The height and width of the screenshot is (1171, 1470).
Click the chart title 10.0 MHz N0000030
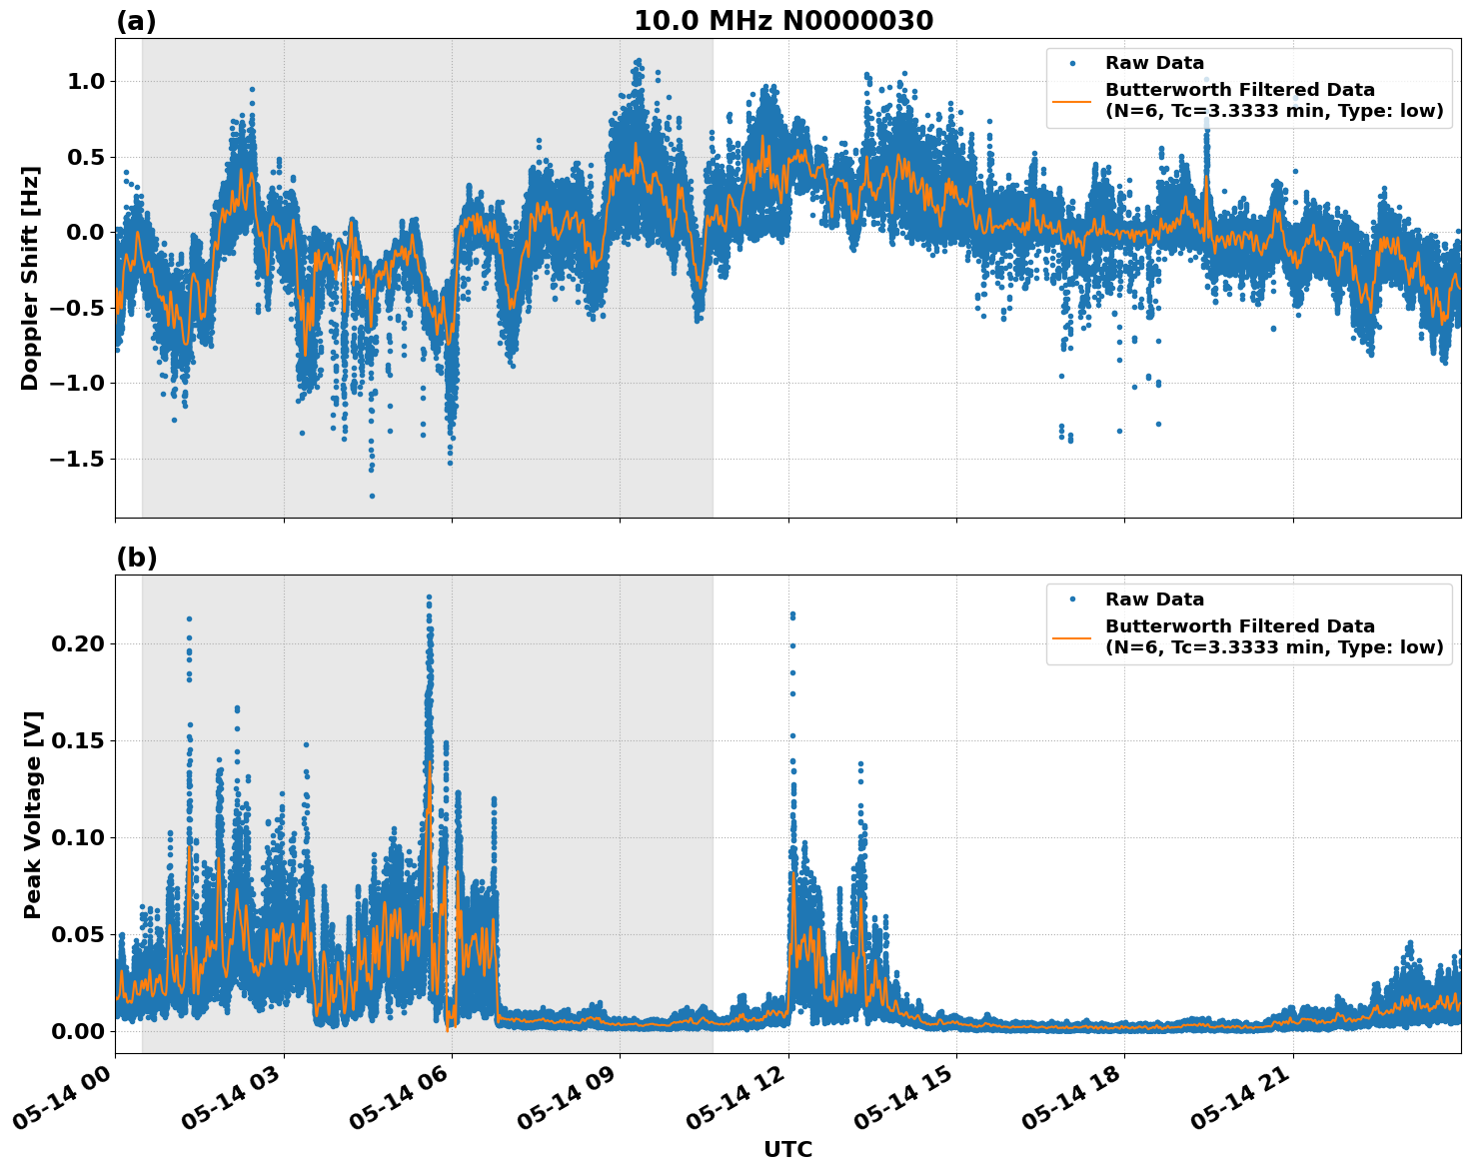tap(783, 21)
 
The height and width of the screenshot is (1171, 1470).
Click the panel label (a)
tap(136, 21)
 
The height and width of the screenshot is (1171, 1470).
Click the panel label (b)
tap(136, 558)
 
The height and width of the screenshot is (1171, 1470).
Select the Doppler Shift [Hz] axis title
tap(30, 278)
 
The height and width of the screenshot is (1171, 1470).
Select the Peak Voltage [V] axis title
tap(33, 814)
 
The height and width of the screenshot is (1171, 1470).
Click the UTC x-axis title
tap(787, 1149)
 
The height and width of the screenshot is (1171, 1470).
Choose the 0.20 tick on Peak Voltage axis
tap(77, 643)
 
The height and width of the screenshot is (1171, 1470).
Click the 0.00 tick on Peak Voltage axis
tap(77, 1030)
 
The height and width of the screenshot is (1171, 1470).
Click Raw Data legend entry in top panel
tap(1154, 63)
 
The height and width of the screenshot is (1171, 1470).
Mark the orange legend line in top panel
tap(1071, 100)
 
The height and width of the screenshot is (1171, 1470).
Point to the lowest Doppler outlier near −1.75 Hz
tap(372, 496)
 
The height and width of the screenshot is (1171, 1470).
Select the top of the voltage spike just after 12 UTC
tap(792, 613)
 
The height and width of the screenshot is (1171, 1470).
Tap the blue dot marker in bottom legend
tap(1071, 599)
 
